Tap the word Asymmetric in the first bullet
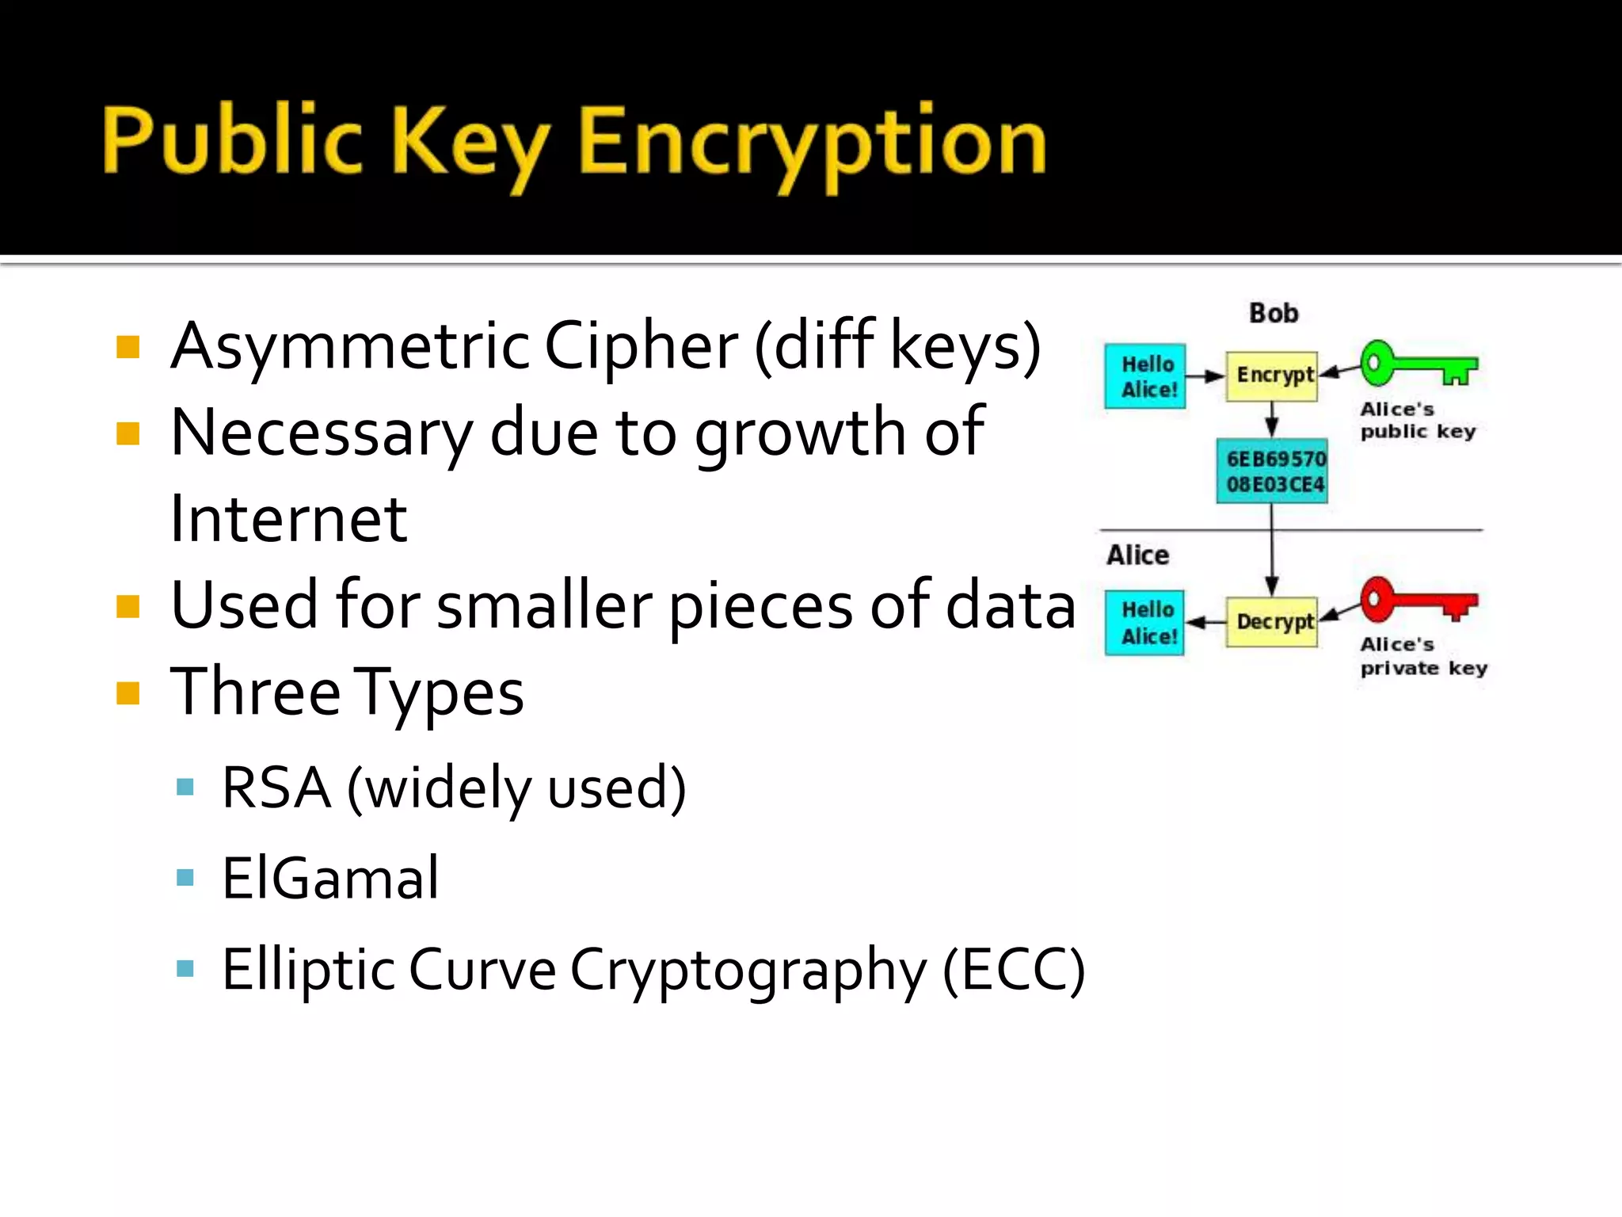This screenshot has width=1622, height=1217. (350, 346)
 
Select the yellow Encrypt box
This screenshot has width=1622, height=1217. (1272, 376)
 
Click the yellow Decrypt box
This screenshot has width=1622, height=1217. (1272, 622)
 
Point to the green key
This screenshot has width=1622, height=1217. (1418, 364)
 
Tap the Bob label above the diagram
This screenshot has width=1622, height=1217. (1274, 313)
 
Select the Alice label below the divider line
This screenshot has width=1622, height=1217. (1137, 555)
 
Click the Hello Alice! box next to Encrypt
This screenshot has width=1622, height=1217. (1145, 376)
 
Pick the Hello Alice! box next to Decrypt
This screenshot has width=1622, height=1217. (1145, 623)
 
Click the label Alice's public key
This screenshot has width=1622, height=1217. (1418, 421)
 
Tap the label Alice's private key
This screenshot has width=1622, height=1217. (1423, 657)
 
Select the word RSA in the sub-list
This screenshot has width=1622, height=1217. (276, 788)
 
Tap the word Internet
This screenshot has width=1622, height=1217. (288, 519)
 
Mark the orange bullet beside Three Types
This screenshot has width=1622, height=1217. (128, 692)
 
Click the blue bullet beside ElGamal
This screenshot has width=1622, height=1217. (185, 877)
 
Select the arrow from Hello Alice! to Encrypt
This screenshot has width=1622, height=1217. (1205, 376)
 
